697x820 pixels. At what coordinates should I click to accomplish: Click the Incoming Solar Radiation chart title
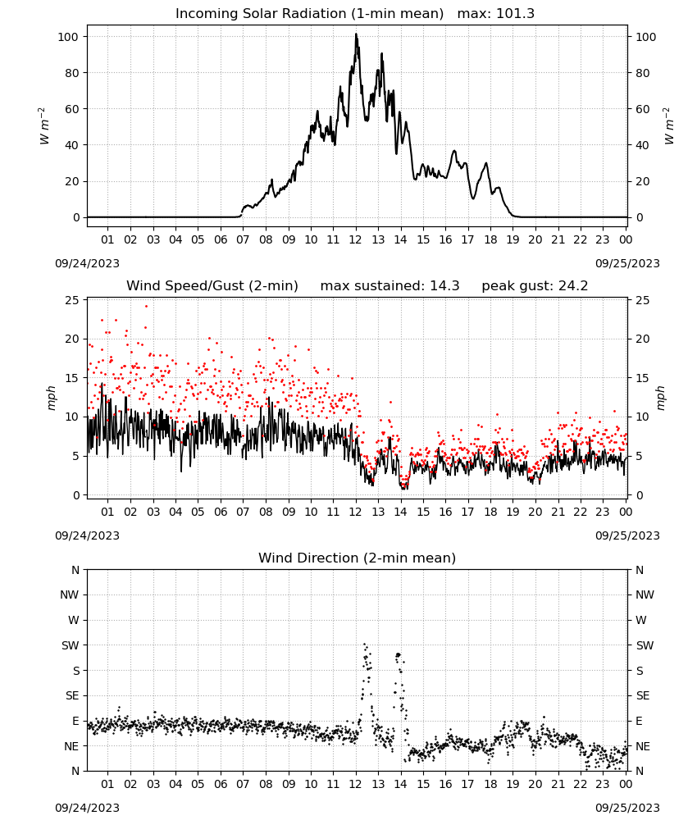pos(309,13)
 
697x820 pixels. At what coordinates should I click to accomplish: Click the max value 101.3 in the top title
pos(515,13)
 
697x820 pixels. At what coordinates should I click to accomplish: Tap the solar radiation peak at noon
pos(356,34)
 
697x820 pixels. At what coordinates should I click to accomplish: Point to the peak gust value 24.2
pos(572,286)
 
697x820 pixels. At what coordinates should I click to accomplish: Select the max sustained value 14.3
pos(444,286)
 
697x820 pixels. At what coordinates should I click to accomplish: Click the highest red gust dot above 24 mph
pos(147,307)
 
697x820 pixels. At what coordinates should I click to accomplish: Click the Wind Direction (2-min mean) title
pos(358,558)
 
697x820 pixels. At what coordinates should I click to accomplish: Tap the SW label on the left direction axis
pos(70,645)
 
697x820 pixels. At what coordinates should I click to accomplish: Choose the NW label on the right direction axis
pos(645,594)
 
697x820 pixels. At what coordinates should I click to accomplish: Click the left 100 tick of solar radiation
pos(69,37)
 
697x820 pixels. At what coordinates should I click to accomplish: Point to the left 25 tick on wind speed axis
pos(72,300)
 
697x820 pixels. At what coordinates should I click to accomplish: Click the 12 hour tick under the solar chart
pos(356,239)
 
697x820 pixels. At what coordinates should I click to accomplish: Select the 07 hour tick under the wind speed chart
pos(243,512)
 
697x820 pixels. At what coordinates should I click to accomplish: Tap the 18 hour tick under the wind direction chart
pos(490,784)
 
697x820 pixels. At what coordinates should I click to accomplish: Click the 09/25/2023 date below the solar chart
pos(627,263)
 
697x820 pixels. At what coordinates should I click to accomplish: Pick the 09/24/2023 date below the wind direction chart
pos(87,808)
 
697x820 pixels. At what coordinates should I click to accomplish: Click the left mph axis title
pos(51,398)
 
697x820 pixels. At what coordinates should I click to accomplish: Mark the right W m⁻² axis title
pos(669,126)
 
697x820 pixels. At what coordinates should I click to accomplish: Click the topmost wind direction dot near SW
pos(364,645)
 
